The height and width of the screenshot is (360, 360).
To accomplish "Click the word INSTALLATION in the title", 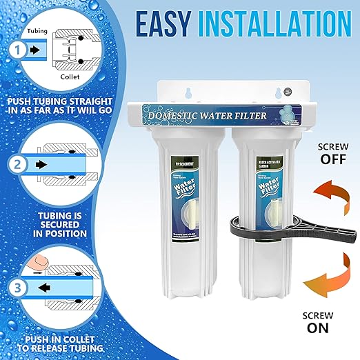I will click(283, 26).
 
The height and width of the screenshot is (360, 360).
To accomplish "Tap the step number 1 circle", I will click(17, 50).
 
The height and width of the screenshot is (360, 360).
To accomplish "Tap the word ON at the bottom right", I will click(318, 328).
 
